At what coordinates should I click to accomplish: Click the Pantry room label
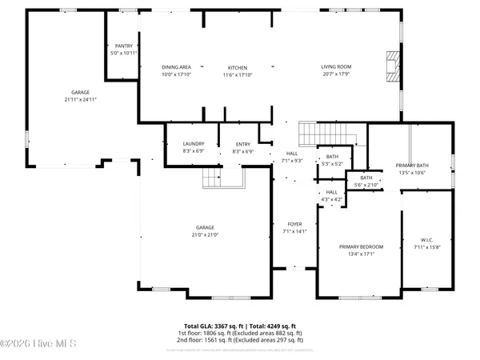coord(123,46)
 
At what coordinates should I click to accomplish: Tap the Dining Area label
coord(176,68)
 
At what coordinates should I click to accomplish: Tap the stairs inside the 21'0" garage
coord(212,177)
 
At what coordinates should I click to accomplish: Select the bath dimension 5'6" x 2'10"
coord(366,185)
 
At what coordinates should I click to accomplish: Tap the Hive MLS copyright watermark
coord(38,344)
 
